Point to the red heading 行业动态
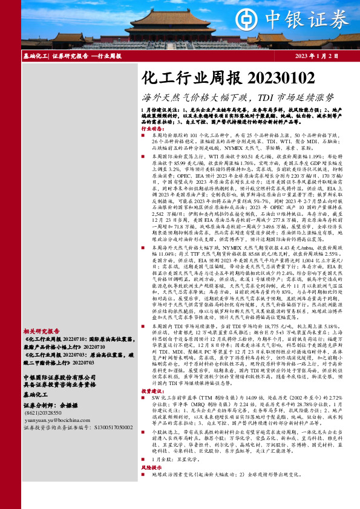coord(152,129)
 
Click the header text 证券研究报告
coord(70,56)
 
